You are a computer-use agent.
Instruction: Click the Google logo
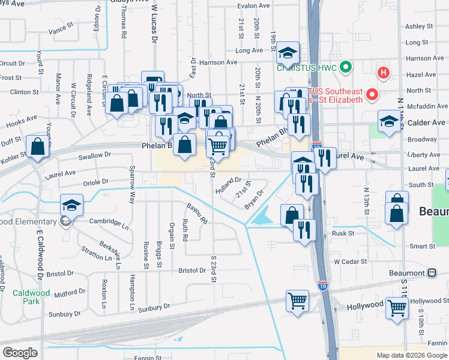20,352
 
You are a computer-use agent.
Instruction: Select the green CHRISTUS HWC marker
345,67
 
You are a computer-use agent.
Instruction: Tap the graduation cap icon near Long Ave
288,53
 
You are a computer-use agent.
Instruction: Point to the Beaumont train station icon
431,272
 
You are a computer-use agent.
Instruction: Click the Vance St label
61,29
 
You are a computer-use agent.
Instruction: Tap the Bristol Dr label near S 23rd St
192,271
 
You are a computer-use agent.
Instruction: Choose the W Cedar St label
350,262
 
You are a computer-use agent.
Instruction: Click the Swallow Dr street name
95,155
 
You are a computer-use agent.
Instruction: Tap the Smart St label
422,246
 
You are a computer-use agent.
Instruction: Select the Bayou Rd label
196,213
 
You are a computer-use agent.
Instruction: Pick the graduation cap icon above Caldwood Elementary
71,205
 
